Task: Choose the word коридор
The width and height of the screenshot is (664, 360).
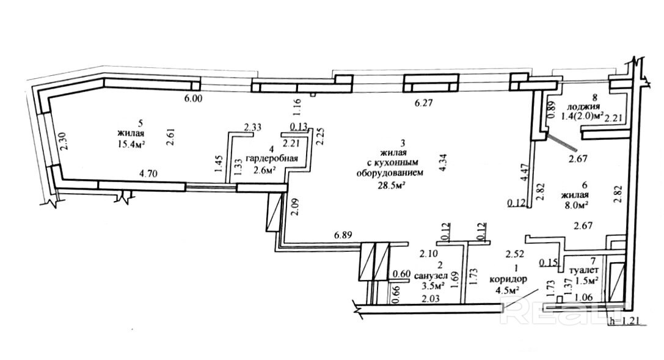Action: point(506,280)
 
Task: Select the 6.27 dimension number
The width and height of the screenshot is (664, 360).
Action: point(424,103)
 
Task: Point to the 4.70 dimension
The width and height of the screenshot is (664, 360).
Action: point(148,174)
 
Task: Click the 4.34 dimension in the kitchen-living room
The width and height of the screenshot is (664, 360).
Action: point(444,161)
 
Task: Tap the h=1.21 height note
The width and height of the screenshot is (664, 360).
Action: point(625,320)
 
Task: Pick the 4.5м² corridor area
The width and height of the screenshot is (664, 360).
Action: point(507,290)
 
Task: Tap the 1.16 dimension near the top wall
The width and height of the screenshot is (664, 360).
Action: point(297,107)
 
